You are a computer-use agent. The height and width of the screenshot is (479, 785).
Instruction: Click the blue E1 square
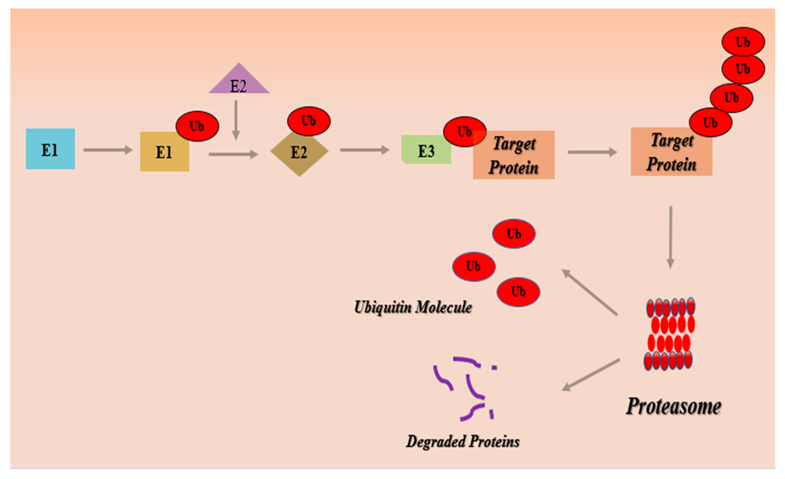point(50,149)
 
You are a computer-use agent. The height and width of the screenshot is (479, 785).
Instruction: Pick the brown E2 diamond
point(299,153)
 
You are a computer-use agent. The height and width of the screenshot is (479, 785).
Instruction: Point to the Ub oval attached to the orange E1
point(197,126)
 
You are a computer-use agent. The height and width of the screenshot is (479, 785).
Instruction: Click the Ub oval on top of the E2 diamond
point(309,121)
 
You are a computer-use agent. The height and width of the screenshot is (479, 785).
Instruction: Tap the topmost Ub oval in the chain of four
point(743,42)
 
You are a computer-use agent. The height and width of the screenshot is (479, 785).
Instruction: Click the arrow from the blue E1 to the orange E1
point(108,150)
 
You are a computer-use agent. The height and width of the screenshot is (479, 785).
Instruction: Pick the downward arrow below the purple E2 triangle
point(236,120)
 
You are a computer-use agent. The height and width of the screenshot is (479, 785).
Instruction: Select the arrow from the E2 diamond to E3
point(364,150)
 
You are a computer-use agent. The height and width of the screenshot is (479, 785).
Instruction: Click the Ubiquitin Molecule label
point(413,307)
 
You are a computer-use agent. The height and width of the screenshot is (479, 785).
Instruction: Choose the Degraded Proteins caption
point(463,442)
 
